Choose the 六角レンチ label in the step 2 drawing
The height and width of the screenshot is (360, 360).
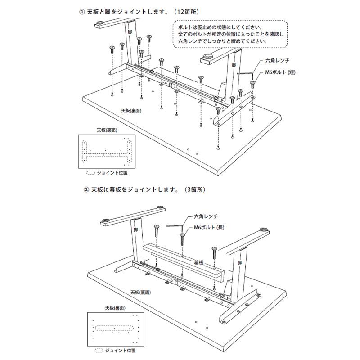click(x=205, y=217)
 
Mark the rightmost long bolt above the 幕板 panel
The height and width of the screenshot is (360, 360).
click(x=214, y=252)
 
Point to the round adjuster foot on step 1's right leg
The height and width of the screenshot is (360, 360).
click(x=208, y=57)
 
